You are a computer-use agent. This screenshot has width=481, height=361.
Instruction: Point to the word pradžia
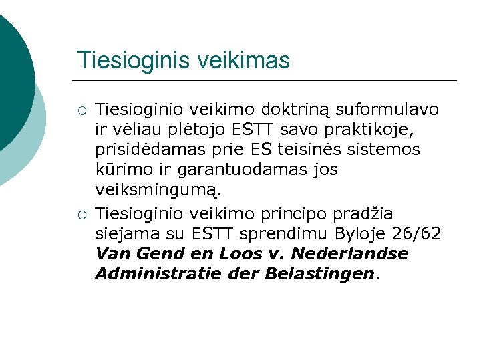(374, 214)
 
